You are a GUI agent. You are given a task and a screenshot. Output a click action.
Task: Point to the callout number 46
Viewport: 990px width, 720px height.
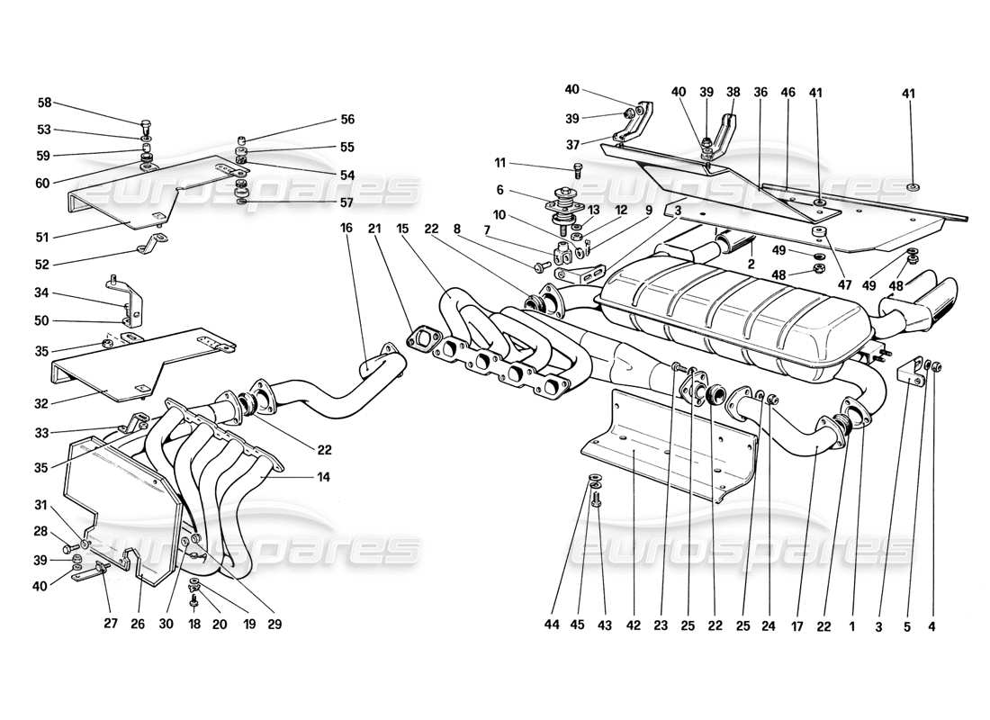(788, 92)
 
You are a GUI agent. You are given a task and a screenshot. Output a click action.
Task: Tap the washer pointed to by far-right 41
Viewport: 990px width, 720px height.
(913, 189)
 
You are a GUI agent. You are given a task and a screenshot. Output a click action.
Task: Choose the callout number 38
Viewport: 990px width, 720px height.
(733, 92)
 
